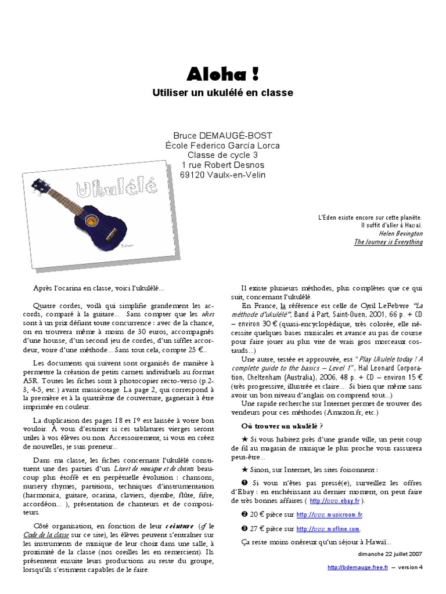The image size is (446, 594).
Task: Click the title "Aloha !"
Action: (x=222, y=74)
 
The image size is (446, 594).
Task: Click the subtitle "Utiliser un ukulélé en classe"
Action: (x=222, y=93)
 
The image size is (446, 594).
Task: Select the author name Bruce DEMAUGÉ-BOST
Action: (x=222, y=136)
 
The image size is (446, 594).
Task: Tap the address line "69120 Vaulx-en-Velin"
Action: (x=222, y=175)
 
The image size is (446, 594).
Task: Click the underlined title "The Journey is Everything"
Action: (x=389, y=242)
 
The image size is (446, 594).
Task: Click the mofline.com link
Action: (x=328, y=528)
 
